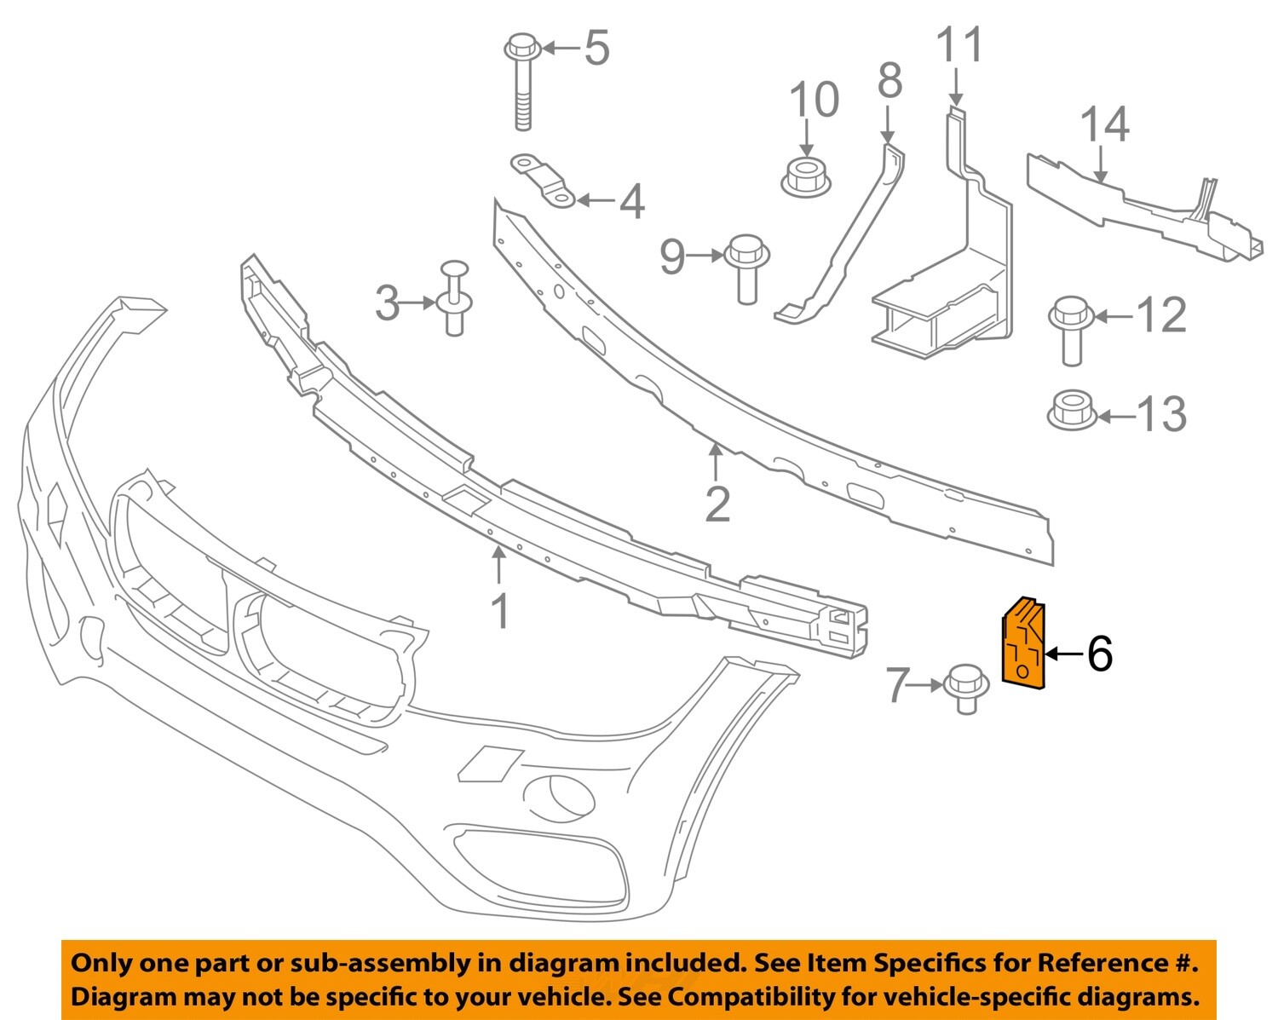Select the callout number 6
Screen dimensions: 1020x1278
coord(1099,654)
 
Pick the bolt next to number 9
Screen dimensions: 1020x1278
coord(746,267)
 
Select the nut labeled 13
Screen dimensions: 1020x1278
coord(1071,411)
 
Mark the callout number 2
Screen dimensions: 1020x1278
coord(717,504)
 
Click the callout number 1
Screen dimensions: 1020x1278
coord(501,611)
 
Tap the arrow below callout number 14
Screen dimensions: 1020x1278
coord(1102,164)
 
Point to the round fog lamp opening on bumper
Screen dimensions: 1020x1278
coord(560,794)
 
